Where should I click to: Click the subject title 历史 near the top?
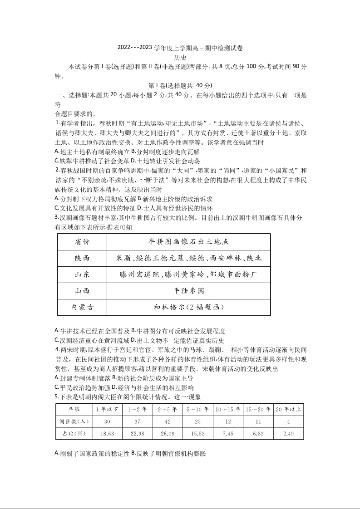(180, 57)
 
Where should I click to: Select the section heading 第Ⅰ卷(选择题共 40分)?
(180, 85)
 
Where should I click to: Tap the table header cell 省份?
(82, 242)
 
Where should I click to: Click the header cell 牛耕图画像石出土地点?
(188, 242)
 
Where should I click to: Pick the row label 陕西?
(82, 258)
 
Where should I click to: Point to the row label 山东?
(82, 274)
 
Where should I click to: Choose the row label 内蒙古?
(82, 307)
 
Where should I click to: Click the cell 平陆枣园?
(188, 291)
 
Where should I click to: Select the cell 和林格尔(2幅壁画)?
(188, 307)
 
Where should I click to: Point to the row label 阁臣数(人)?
(74, 421)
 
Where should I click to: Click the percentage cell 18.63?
(107, 434)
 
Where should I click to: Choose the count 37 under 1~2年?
(137, 421)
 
